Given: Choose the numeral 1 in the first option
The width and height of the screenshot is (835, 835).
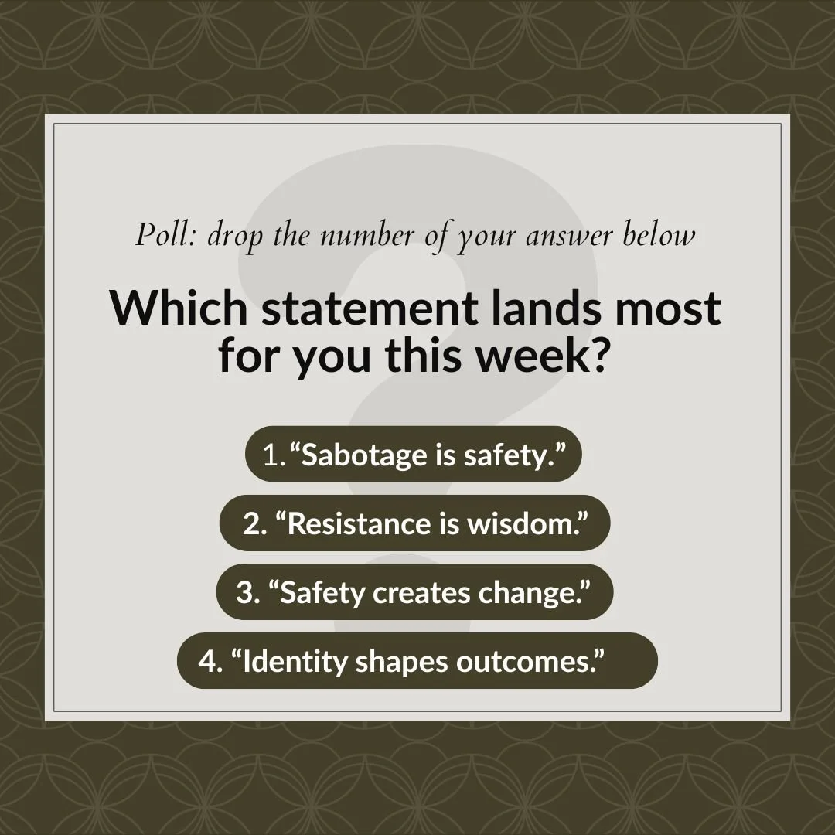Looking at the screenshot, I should pyautogui.click(x=270, y=455).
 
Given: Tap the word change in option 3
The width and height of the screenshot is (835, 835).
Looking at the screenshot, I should pyautogui.click(x=530, y=592).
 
